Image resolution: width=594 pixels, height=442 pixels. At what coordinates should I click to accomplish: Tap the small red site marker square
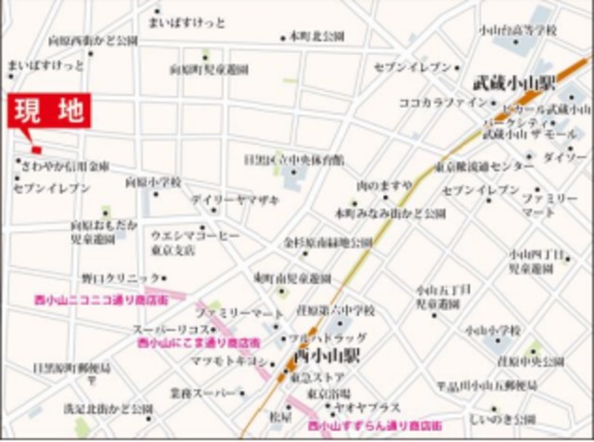(36, 149)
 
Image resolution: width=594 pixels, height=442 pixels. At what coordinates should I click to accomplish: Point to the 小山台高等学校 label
(518, 30)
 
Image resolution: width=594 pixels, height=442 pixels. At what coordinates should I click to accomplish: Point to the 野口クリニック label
(121, 277)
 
